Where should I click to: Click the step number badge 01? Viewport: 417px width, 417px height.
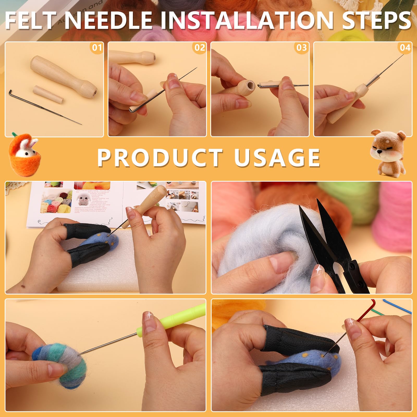pyautogui.click(x=97, y=48)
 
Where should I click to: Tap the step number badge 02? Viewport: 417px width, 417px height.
pyautogui.click(x=200, y=48)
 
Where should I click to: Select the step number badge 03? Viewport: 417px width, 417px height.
pyautogui.click(x=302, y=48)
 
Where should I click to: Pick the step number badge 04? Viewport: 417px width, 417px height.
pyautogui.click(x=405, y=48)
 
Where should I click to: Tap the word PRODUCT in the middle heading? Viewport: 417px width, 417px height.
pyautogui.click(x=160, y=158)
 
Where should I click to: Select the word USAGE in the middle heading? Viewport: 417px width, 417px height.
pyautogui.click(x=277, y=158)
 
